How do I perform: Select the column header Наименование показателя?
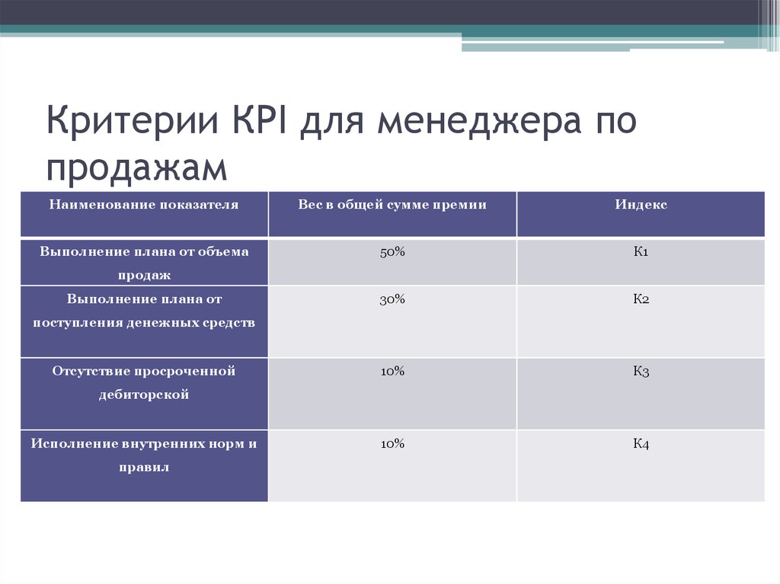(144, 205)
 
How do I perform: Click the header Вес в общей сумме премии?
(392, 205)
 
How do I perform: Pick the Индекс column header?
(641, 205)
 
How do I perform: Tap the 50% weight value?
(392, 252)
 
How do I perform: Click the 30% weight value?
(392, 299)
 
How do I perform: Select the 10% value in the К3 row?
(392, 371)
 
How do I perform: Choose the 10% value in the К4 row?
(392, 443)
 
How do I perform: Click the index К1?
(641, 252)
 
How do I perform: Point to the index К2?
(641, 299)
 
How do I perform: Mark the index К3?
(641, 371)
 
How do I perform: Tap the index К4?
(641, 443)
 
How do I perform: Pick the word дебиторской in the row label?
(144, 395)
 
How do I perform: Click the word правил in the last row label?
(144, 468)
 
